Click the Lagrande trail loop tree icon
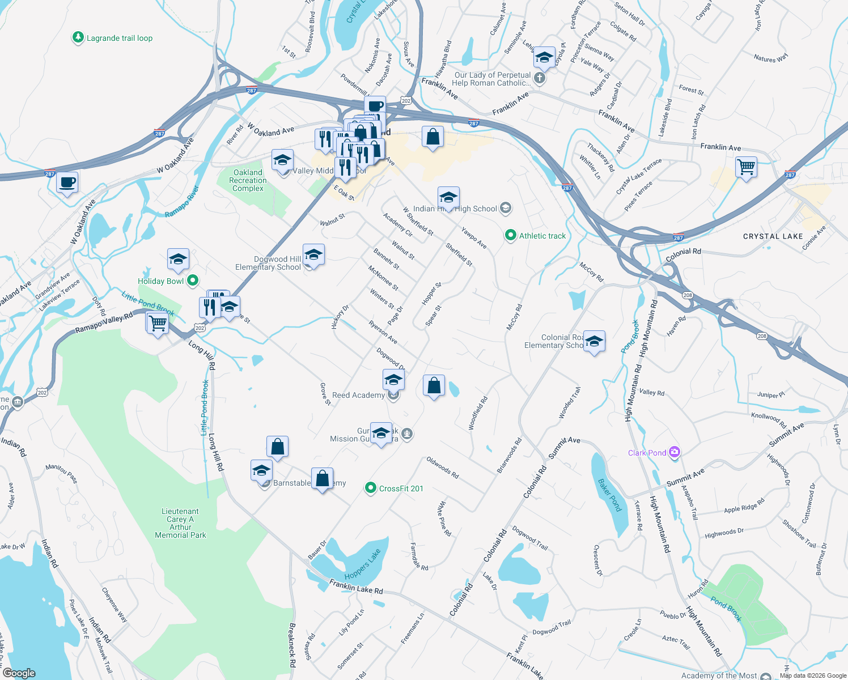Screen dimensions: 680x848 point(78,38)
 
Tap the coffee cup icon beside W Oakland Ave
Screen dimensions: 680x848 point(67,183)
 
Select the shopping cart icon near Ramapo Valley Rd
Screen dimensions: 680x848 point(158,323)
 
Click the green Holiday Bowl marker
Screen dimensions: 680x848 point(193,280)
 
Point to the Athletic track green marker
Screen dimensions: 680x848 point(510,235)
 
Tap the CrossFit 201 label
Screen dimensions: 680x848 point(401,488)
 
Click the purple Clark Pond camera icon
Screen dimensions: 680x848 point(674,452)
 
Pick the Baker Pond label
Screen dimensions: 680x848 point(610,495)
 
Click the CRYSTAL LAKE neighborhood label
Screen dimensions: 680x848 point(773,236)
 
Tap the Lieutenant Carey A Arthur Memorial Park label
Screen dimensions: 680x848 point(180,523)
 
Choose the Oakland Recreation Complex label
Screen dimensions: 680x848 point(248,180)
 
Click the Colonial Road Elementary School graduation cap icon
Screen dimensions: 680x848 point(593,342)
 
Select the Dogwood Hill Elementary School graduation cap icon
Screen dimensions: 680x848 point(313,256)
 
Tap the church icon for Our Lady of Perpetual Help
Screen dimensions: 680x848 point(540,78)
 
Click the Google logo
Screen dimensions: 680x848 point(19,673)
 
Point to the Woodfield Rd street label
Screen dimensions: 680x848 point(478,414)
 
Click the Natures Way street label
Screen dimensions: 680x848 point(770,58)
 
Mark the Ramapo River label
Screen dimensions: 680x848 point(182,202)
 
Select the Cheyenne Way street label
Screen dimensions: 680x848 point(115,605)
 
